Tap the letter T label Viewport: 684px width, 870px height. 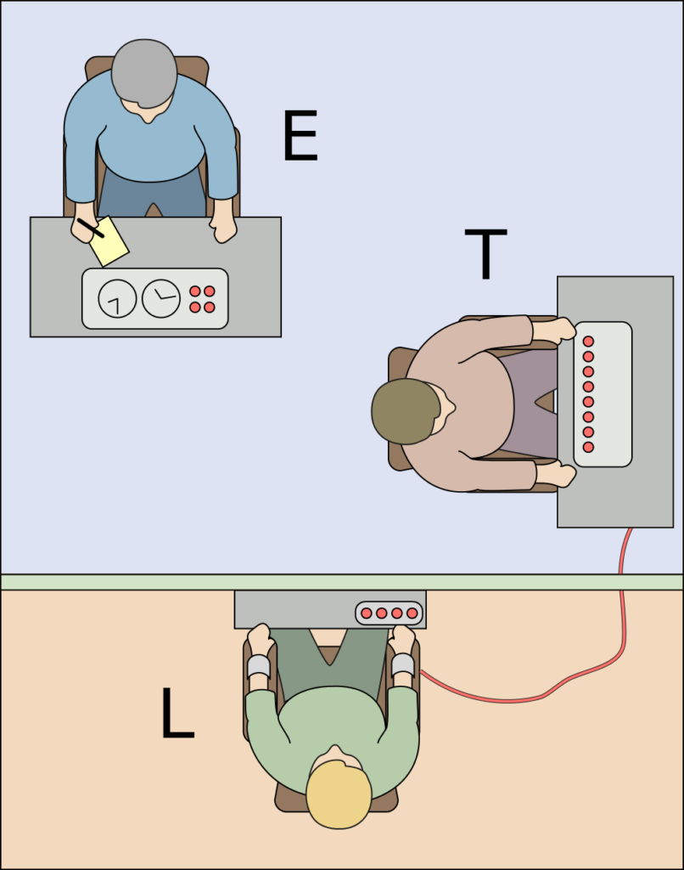tap(485, 253)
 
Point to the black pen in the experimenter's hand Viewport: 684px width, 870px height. tap(91, 228)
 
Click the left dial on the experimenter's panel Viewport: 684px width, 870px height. tap(117, 298)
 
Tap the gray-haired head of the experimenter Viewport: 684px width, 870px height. tap(144, 72)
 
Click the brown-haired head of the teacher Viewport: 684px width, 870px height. tap(406, 411)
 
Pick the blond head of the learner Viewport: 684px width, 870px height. tap(339, 794)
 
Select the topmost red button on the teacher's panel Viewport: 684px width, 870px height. tap(588, 341)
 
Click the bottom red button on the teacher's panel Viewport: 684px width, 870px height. tap(588, 447)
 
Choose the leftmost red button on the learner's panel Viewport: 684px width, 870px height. tap(367, 613)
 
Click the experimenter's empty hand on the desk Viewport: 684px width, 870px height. tap(224, 228)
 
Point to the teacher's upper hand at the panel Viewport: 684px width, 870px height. tap(560, 329)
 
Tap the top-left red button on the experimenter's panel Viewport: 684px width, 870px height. tap(195, 291)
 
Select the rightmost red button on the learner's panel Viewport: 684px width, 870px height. tap(412, 613)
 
